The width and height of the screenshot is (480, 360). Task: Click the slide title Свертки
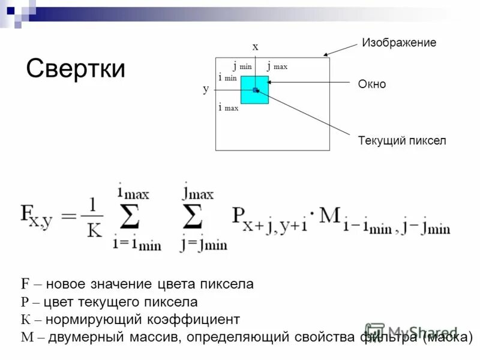coord(76,69)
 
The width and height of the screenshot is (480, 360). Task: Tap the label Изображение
coord(398,43)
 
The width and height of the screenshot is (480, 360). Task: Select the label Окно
coord(371,85)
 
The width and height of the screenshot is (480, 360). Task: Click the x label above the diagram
coord(255,46)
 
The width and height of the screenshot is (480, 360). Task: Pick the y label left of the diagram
coord(206,89)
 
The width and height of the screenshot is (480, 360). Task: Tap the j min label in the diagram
coord(242,67)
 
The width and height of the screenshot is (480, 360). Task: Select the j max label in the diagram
coord(277,67)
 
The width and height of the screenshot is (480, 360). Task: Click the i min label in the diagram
coord(228,77)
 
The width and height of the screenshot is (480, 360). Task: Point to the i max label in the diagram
coord(228,108)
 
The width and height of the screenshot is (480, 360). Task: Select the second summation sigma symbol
coord(194,218)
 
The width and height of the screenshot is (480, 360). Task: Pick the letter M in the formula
coord(329,216)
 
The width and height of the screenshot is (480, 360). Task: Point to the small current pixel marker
coord(255,90)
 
